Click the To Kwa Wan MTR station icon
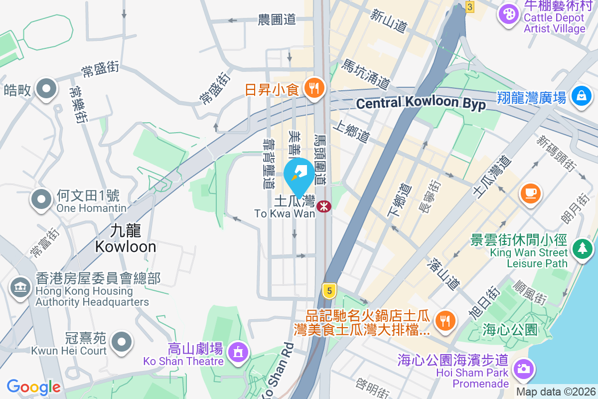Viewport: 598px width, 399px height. tap(324, 205)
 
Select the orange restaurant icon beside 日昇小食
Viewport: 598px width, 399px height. tap(314, 89)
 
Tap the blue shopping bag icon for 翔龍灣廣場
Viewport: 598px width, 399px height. tap(582, 94)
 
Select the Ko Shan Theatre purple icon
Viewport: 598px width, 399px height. tap(238, 352)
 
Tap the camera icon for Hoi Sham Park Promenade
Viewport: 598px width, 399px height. tap(523, 370)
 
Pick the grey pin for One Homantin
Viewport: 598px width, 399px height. tap(41, 199)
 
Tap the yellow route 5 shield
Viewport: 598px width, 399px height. tap(328, 290)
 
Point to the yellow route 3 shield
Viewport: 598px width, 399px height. tap(469, 6)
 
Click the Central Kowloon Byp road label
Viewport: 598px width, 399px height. tap(421, 103)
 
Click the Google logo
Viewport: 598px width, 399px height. tap(33, 387)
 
